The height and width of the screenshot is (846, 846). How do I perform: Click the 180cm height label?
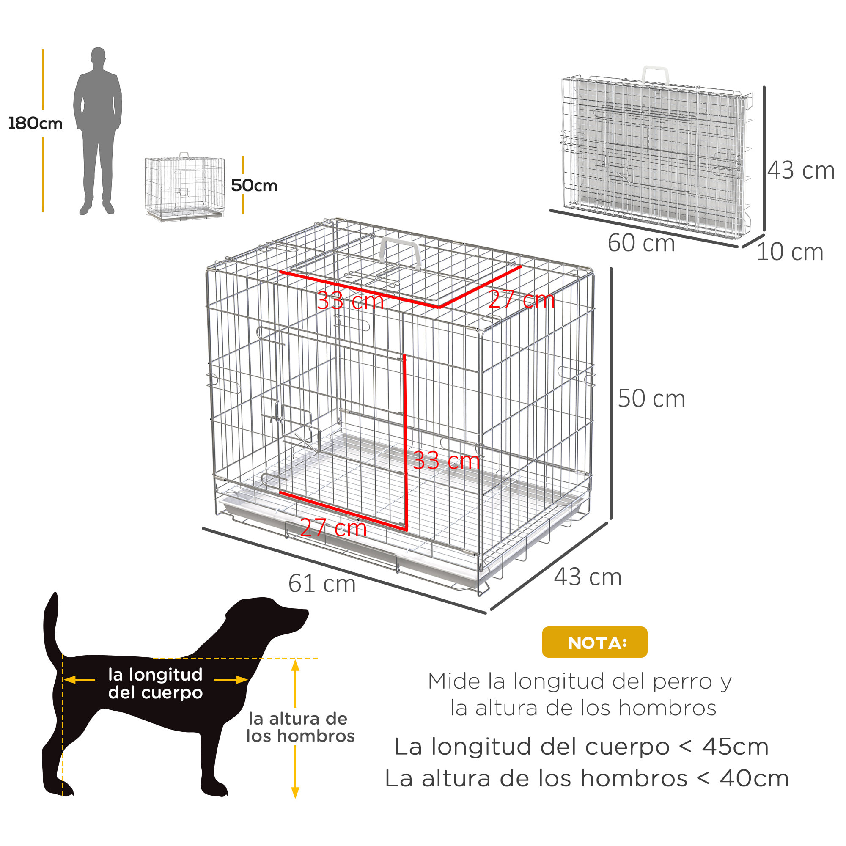[x=36, y=124]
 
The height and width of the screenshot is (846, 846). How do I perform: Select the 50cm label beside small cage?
[x=254, y=186]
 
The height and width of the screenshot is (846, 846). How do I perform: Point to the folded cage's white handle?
[x=655, y=74]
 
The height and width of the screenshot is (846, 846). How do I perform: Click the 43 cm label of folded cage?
[x=800, y=170]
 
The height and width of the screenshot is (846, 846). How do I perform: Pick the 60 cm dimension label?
[x=641, y=243]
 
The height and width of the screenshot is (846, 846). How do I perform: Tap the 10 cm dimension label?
[x=789, y=252]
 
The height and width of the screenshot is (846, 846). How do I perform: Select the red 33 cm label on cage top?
[x=350, y=301]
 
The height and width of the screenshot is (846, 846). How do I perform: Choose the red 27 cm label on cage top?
[x=522, y=300]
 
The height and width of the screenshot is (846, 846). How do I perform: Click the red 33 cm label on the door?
[x=446, y=461]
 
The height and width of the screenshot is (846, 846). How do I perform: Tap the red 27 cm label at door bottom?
[x=333, y=527]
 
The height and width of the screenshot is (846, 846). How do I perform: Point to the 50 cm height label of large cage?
[x=651, y=398]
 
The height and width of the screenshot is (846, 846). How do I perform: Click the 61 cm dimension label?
[x=322, y=584]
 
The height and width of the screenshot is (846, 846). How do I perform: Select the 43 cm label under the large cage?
[x=588, y=577]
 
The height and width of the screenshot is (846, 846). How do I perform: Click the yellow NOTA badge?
[x=594, y=643]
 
